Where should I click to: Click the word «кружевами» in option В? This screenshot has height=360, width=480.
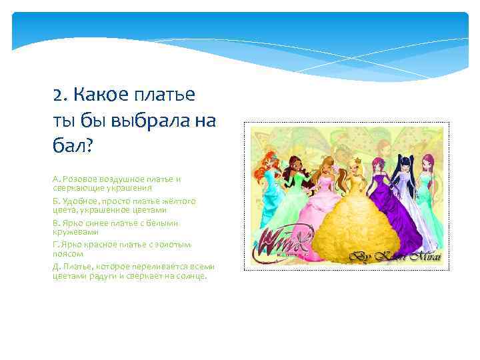click(75, 231)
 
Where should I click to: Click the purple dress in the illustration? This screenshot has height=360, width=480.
click(398, 213)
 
